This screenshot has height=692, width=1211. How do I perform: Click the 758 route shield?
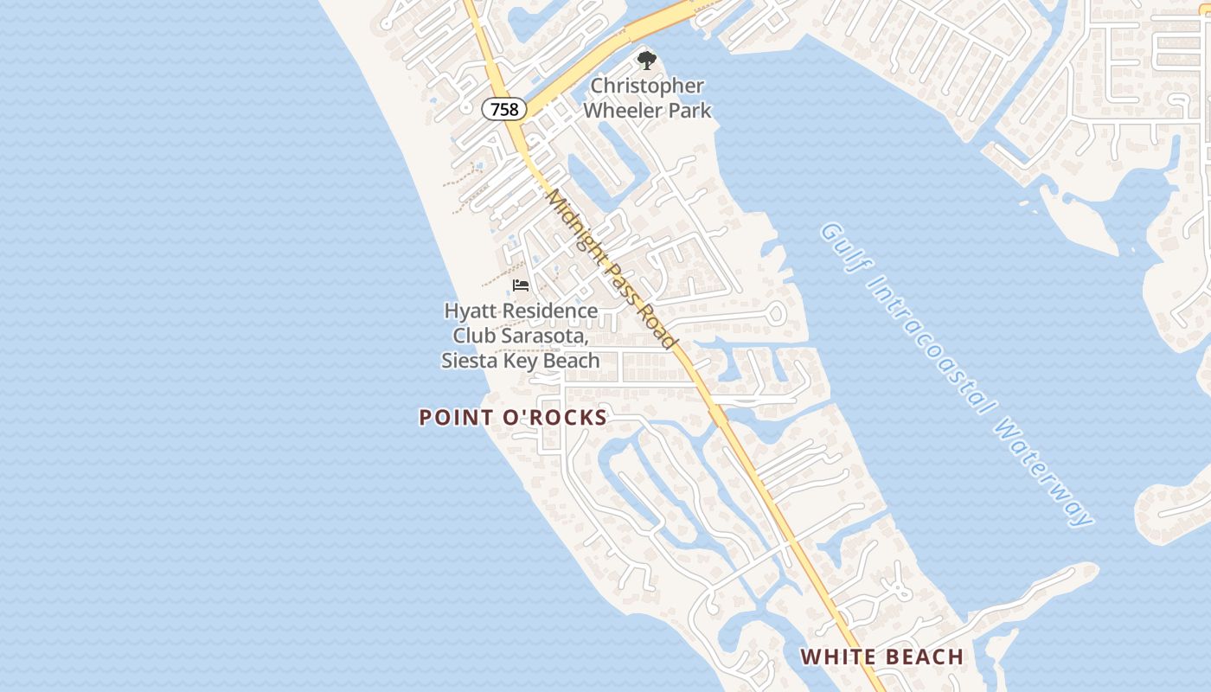coord(504,109)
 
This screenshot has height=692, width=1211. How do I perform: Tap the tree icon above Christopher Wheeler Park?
coord(646,60)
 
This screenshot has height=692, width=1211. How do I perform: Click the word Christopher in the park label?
coord(647,86)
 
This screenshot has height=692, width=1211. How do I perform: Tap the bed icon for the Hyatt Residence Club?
coord(520,285)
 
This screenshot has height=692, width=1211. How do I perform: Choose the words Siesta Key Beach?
coord(520,360)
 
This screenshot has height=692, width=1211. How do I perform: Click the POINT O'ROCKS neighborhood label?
coord(513,418)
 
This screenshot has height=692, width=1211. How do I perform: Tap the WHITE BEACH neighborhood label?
coord(881,657)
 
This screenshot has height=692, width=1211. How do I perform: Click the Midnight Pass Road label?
coord(612,269)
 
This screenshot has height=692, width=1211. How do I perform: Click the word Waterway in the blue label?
coord(1046,473)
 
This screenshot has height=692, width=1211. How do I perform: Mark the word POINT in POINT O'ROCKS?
coord(455,418)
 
